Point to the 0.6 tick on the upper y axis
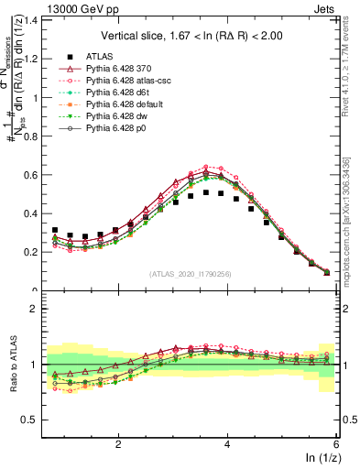tap(32, 174)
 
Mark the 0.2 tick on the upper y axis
tap(32, 252)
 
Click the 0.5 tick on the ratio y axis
tap(32, 420)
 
